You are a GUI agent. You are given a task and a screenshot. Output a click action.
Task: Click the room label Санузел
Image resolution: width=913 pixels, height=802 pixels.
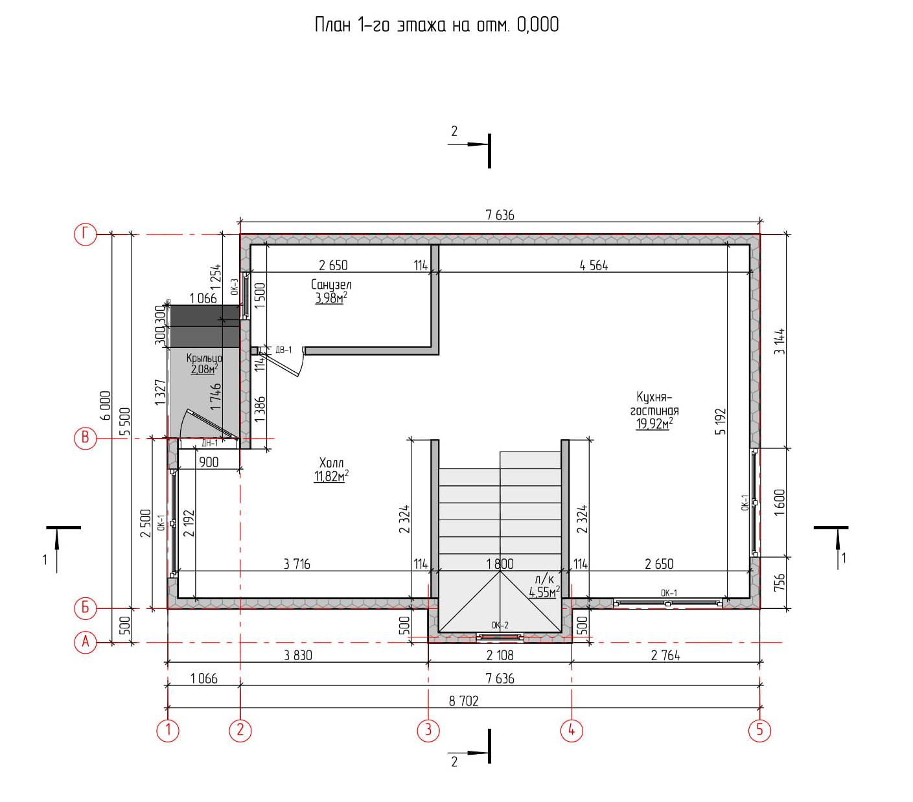click(x=330, y=284)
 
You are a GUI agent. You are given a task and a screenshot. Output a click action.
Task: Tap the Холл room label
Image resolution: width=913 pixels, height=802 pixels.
click(x=331, y=463)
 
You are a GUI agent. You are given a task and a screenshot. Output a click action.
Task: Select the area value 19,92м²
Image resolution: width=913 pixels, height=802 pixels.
click(x=654, y=424)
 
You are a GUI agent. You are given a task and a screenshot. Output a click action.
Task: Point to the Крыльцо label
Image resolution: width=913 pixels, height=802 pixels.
click(x=204, y=358)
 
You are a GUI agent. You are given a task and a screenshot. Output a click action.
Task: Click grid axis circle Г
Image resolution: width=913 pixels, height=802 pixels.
click(x=85, y=235)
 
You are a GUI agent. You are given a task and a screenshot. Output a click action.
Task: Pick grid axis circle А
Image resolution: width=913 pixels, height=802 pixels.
click(x=85, y=641)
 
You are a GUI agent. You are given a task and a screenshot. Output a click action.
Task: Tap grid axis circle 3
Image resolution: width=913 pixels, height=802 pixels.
click(x=428, y=729)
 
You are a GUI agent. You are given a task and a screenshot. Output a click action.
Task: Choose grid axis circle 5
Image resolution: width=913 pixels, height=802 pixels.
click(x=759, y=729)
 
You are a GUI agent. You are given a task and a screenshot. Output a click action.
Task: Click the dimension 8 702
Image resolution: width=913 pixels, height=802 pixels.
click(x=463, y=701)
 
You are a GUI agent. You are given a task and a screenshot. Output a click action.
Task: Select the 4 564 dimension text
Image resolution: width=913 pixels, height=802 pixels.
click(x=594, y=266)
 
